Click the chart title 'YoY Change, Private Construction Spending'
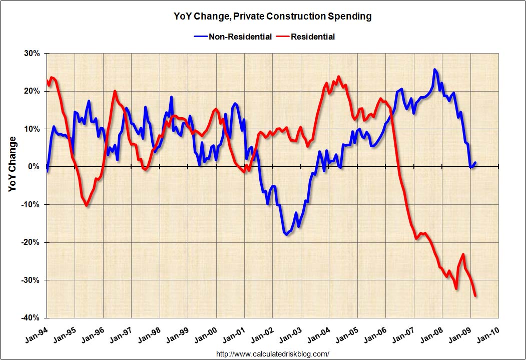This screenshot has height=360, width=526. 265,17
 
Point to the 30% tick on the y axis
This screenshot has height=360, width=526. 33,53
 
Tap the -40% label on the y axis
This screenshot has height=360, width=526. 31,318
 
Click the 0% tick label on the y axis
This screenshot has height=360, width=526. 35,167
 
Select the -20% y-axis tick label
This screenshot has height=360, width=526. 31,242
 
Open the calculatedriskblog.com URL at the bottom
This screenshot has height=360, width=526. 273,353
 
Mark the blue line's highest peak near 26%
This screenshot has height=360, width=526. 434,70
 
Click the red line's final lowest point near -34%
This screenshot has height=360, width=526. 475,296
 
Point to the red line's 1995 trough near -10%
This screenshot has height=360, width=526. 87,205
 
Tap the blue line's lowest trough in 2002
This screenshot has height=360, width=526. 286,234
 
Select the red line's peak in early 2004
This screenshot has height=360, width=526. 338,77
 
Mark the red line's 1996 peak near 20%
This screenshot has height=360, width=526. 115,91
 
